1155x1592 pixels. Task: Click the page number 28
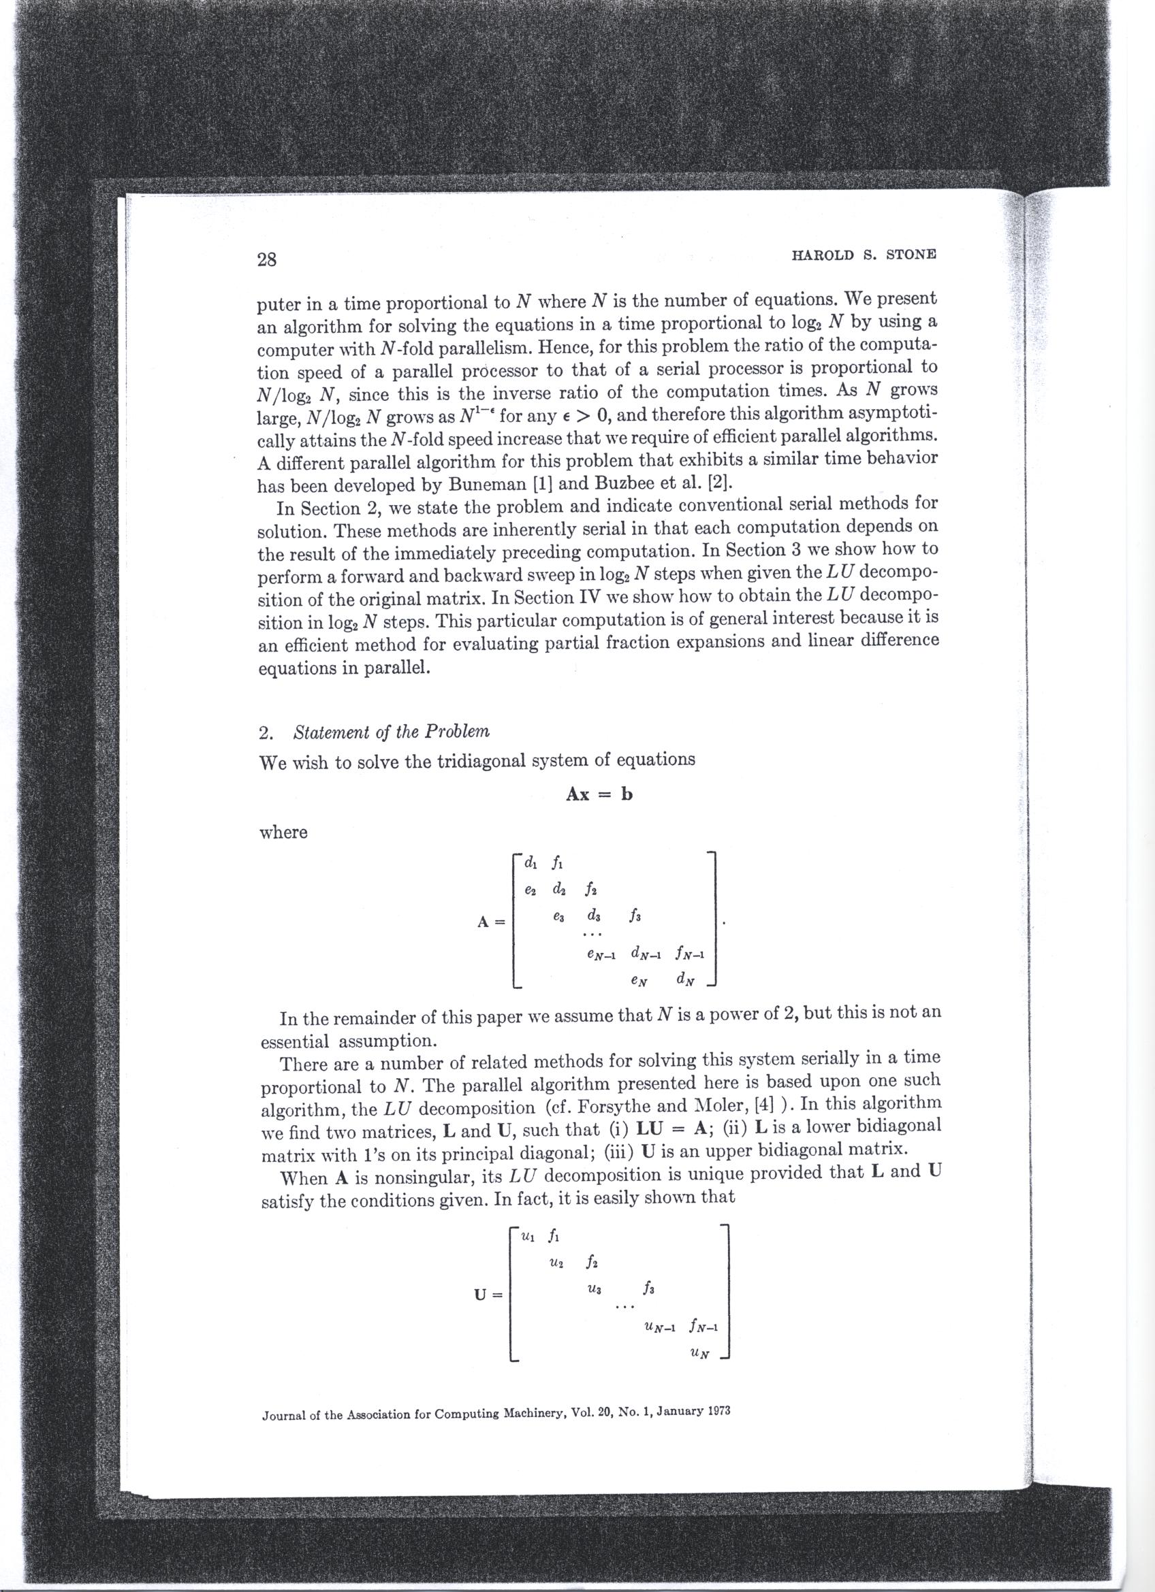pyautogui.click(x=268, y=260)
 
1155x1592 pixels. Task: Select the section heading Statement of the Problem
pyautogui.click(x=392, y=732)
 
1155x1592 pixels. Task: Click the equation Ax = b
pyautogui.click(x=599, y=794)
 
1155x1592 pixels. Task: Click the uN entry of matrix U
pyautogui.click(x=699, y=1353)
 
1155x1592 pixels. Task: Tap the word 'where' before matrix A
pyautogui.click(x=284, y=832)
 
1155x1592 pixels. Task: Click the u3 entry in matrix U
pyautogui.click(x=594, y=1290)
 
